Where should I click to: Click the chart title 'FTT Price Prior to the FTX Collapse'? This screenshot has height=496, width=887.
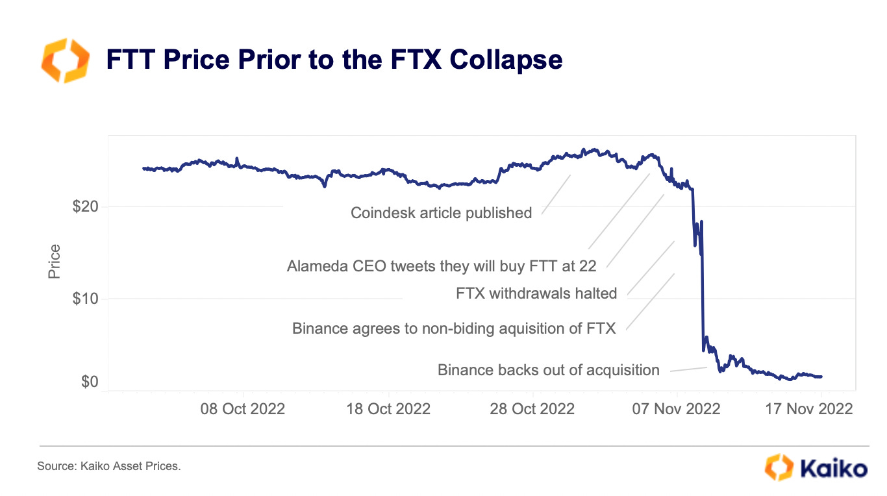(x=334, y=60)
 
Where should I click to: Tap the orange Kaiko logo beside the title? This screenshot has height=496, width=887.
(x=65, y=60)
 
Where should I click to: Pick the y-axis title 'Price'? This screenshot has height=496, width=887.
(x=55, y=261)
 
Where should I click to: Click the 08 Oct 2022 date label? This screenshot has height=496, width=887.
(x=243, y=409)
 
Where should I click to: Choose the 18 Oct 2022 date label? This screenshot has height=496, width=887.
(x=388, y=409)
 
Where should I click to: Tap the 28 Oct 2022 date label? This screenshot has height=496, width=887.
(x=532, y=409)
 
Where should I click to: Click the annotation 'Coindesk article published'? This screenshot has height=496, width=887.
(x=441, y=213)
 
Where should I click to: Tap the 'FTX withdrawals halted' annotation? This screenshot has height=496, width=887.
(x=536, y=293)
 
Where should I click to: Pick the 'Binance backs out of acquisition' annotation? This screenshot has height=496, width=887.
(x=548, y=370)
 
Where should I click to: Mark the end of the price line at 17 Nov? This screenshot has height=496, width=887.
(x=821, y=377)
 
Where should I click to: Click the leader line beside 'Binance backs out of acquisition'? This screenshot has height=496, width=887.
(x=688, y=369)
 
